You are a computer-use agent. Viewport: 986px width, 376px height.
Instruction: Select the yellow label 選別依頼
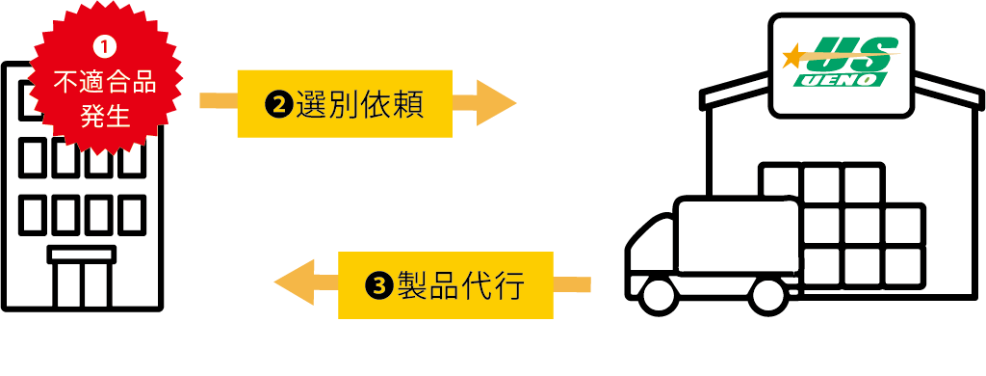coord(344,103)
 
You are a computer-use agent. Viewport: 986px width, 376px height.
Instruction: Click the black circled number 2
coord(278,104)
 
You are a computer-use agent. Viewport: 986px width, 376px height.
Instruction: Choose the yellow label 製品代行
coord(445,284)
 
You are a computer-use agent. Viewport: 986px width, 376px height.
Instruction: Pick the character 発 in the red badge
coord(91,117)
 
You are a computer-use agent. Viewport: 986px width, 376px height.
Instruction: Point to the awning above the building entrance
coord(82,255)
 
